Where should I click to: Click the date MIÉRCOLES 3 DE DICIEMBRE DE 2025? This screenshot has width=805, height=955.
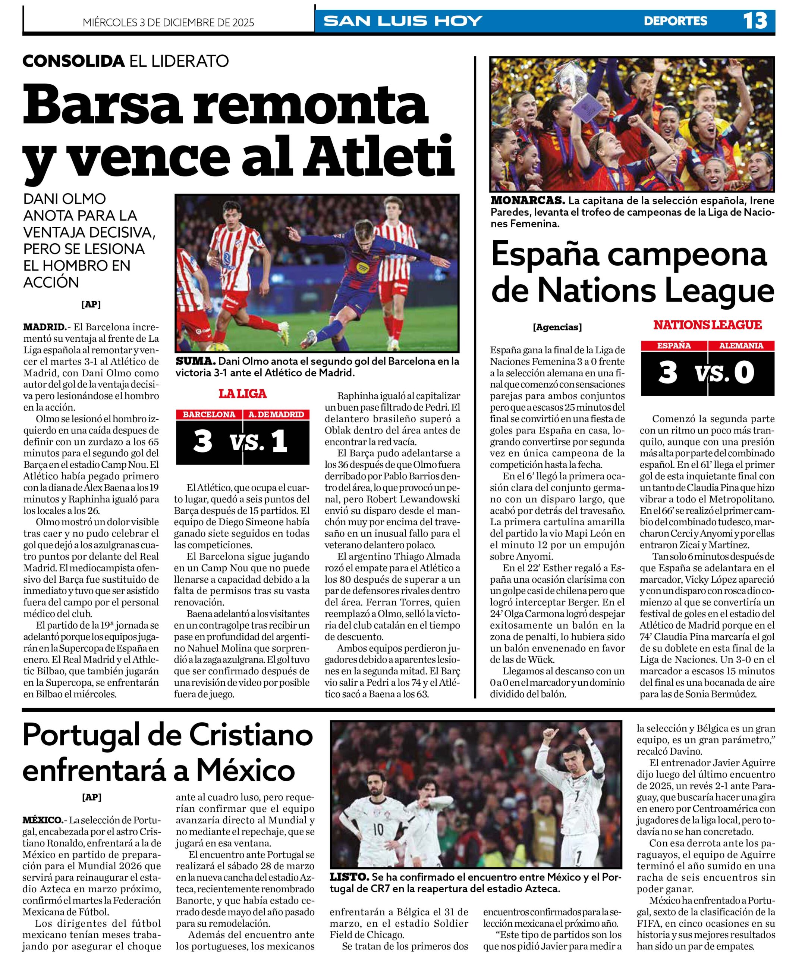pos(169,22)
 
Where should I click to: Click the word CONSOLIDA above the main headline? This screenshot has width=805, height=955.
pos(73,61)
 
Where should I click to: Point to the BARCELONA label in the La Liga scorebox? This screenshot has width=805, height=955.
pos(209,414)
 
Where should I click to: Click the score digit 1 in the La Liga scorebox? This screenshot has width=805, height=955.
pos(279,442)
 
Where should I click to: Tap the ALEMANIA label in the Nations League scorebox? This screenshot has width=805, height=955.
pos(741,345)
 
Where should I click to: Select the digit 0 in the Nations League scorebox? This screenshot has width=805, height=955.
pos(744,373)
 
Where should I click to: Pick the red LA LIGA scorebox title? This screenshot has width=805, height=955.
pos(242,394)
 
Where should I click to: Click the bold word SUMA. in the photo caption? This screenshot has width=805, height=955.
pos(196,361)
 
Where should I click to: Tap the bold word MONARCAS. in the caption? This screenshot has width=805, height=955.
pos(527,200)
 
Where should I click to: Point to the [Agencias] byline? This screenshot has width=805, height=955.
pos(557,327)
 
